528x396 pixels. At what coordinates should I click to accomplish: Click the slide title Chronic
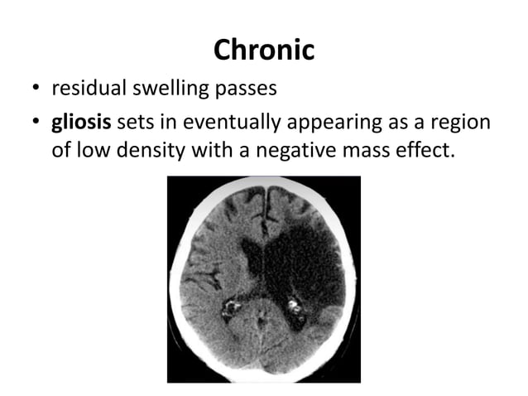coord(264,50)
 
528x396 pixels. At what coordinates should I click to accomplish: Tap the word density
coord(156,152)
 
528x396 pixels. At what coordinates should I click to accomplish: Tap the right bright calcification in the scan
coord(294,310)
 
